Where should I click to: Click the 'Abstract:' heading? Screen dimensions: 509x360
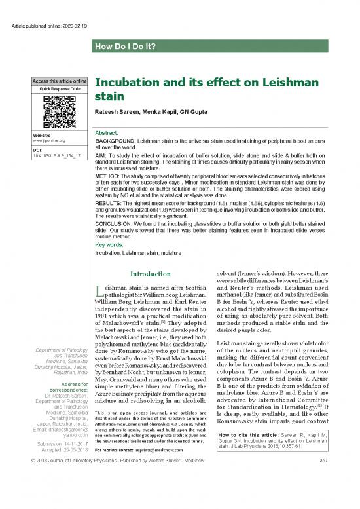point(108,132)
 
